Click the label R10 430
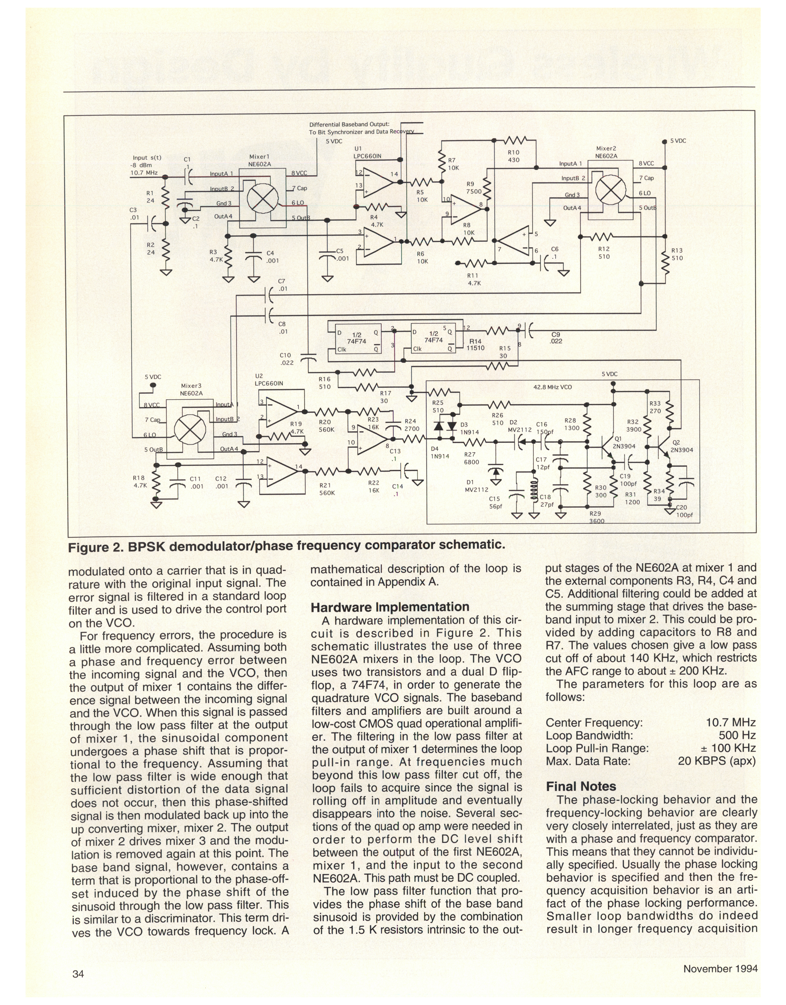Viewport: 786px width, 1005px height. pos(513,156)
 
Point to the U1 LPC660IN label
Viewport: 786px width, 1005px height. pos(368,153)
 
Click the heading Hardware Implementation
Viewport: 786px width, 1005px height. pos(390,607)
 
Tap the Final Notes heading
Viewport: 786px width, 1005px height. pos(581,786)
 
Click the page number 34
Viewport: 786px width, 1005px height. pos(78,974)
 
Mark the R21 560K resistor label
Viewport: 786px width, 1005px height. pos(327,489)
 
